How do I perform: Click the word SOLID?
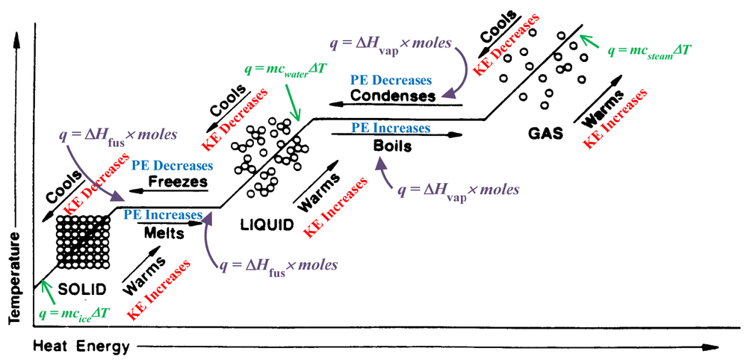(x=80, y=288)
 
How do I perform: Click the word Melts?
(x=165, y=232)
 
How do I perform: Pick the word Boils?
(x=393, y=146)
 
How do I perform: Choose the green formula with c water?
(x=285, y=68)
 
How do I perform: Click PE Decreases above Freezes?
(x=172, y=166)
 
